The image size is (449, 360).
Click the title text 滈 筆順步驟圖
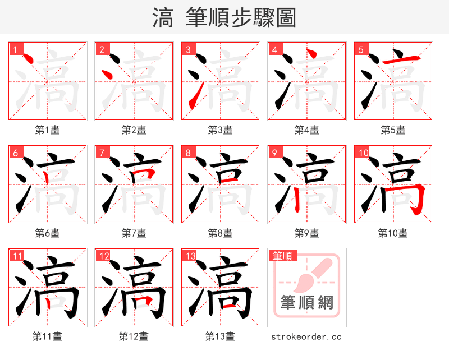(224, 18)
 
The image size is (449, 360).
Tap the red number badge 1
(15, 50)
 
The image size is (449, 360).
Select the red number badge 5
(361, 50)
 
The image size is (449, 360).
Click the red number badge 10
(363, 153)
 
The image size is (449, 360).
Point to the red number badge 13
(190, 256)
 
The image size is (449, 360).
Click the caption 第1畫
(48, 130)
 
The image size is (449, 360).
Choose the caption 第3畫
(221, 130)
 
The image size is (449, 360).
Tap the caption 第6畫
(48, 233)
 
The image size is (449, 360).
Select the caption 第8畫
(221, 233)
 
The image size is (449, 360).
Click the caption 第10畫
(393, 233)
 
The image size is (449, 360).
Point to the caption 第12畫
(134, 336)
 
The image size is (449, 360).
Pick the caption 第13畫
(220, 336)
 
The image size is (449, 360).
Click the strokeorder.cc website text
(306, 337)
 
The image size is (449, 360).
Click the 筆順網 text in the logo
(307, 303)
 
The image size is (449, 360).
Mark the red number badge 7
(102, 153)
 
